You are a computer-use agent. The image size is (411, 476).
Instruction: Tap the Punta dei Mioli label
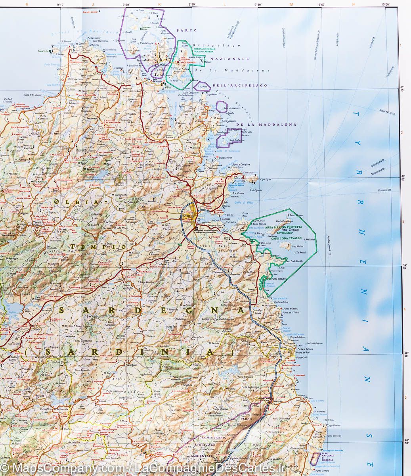click(x=334, y=436)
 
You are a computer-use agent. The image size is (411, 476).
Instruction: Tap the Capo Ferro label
click(x=213, y=94)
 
